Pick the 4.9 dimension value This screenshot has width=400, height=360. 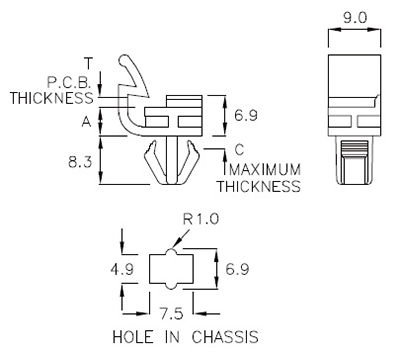[x=122, y=269]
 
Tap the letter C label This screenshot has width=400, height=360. [x=238, y=149]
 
